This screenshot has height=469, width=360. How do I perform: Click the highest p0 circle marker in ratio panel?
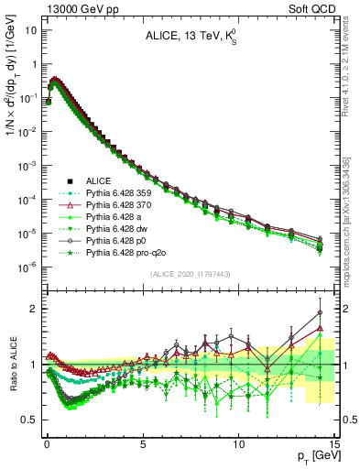coord(319,311)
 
